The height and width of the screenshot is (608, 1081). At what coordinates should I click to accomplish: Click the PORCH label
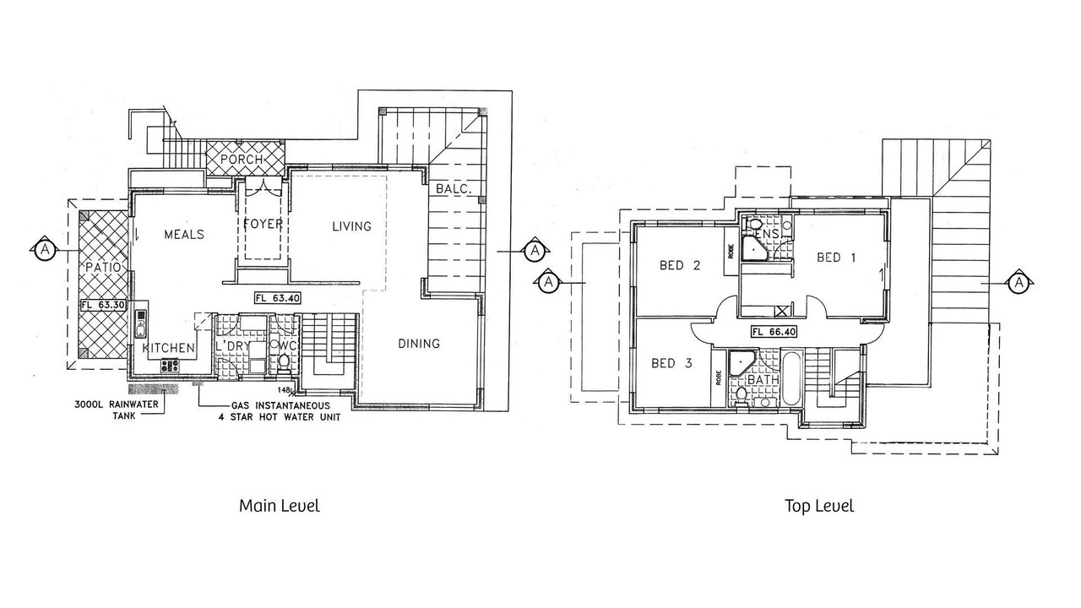[242, 160]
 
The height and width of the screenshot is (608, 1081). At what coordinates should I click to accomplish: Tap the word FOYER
[263, 224]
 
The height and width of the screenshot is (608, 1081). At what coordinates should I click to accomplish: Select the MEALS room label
[184, 235]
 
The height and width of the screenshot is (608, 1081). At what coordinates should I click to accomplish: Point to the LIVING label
[352, 226]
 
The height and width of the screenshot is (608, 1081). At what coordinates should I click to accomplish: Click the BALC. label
[454, 188]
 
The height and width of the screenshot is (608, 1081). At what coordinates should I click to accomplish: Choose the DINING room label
[419, 344]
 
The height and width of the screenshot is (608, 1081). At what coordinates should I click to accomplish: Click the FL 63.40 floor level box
[278, 298]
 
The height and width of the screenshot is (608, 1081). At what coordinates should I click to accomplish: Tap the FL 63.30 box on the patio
[103, 305]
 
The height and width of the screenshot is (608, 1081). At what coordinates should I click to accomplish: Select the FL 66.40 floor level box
[774, 332]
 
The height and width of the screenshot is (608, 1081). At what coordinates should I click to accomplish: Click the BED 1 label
[836, 258]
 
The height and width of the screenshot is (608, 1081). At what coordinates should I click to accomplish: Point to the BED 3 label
[671, 363]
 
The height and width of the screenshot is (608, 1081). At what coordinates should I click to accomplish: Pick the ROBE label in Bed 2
[731, 251]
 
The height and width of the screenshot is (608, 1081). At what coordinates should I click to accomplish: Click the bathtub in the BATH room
[791, 380]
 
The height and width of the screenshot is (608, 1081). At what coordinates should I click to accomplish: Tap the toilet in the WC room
[284, 363]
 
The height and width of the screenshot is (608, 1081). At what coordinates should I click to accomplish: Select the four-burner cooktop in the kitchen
[170, 366]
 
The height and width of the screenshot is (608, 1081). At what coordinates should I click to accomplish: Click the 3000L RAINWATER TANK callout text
[117, 410]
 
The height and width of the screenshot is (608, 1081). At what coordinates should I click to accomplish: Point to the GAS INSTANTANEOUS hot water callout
[280, 411]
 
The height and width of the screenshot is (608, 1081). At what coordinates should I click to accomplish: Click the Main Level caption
[280, 506]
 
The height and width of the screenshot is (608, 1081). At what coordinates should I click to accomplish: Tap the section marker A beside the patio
[45, 249]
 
